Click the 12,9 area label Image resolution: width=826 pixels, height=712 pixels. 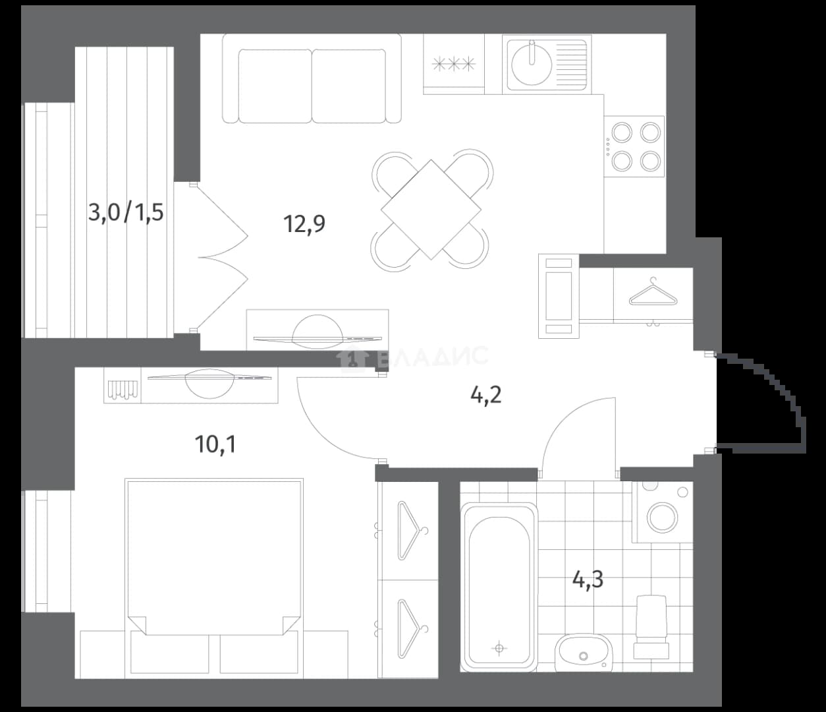304,224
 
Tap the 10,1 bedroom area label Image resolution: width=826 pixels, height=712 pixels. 215,444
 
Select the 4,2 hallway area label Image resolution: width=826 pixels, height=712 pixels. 486,396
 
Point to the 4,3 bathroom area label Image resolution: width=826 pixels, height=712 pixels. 588,579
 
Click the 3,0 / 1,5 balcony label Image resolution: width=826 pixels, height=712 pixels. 126,212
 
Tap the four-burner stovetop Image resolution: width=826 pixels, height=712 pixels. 634,146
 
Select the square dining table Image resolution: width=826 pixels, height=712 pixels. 431,209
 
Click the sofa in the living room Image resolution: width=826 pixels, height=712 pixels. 312,78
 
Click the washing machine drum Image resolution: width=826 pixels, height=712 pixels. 662,516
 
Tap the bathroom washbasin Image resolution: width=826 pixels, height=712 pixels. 584,653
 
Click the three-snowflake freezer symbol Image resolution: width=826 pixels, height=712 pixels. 454,63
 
